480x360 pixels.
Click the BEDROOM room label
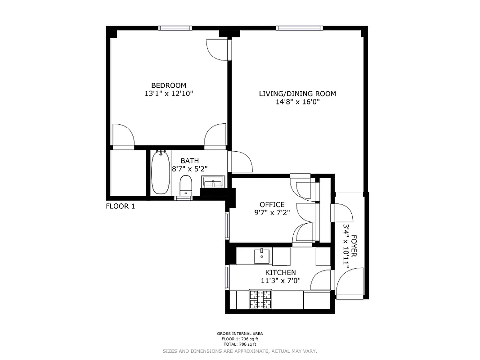[168, 85]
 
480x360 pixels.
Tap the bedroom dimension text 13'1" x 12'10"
[168, 94]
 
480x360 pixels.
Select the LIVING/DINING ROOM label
[297, 94]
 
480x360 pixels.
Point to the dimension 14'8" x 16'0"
[297, 102]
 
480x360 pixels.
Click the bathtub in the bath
[160, 173]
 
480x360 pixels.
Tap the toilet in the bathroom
[185, 185]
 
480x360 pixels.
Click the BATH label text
[189, 161]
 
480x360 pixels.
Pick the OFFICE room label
[272, 205]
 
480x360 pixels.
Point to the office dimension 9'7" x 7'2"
[272, 213]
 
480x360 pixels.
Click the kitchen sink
[261, 256]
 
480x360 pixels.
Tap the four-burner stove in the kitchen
[260, 299]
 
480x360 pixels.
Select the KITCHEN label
[280, 273]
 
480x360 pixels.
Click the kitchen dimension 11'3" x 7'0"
[280, 281]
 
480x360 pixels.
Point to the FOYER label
[354, 246]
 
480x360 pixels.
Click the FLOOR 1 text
[120, 207]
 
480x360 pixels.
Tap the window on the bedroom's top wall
[175, 28]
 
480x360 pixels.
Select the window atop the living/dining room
[300, 28]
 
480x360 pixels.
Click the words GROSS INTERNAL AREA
[240, 333]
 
